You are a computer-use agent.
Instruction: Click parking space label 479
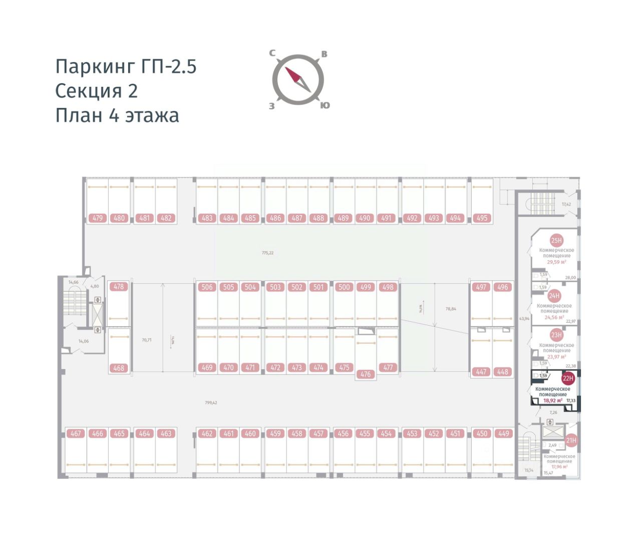pos(98,218)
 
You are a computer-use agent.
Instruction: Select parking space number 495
pos(482,218)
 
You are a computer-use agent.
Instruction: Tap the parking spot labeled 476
pos(366,374)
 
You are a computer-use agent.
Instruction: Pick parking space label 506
pos(207,287)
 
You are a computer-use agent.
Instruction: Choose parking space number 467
pos(76,434)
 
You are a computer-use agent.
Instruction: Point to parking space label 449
pos(503,434)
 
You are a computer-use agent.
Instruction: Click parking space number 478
pos(119,287)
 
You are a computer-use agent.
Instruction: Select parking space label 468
pos(119,368)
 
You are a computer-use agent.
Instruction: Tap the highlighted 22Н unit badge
pos(567,379)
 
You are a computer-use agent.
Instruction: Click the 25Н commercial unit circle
pos(556,241)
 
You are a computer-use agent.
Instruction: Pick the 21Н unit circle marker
pos(571,441)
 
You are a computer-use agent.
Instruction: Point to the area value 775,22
pos(268,253)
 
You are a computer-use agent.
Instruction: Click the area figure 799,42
pos(211,402)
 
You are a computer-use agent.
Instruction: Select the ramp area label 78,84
pos(451,309)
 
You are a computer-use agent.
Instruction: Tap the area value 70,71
pos(146,340)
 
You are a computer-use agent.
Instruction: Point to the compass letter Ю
pos(325,105)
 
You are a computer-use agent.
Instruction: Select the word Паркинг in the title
pos(95,67)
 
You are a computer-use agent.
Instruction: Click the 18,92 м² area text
pos(552,400)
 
